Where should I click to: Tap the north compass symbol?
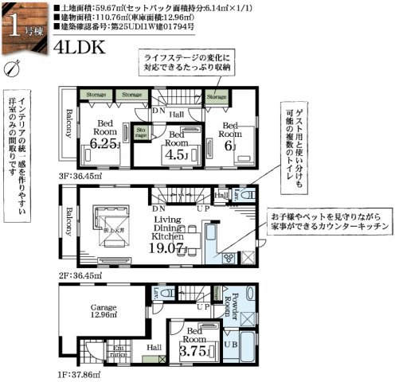coord(10,69)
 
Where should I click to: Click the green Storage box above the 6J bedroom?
coord(216,96)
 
